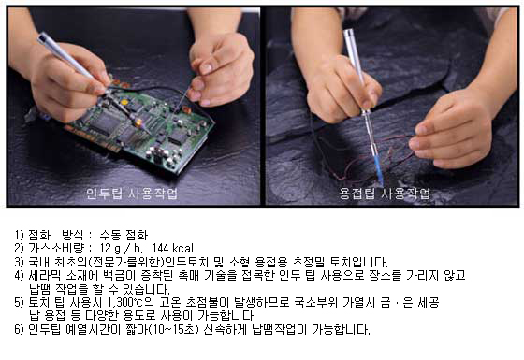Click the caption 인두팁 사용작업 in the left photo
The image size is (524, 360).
132,194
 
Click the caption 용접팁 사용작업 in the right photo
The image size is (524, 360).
385,194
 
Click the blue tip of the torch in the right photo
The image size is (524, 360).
379,170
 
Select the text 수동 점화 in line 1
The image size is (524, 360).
124,235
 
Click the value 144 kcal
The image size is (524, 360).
173,248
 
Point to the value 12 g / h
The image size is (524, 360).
122,248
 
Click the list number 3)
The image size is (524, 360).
19,262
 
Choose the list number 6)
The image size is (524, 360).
19,329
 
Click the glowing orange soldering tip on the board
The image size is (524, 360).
138,122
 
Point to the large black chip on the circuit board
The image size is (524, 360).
103,122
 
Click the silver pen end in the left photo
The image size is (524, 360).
43,37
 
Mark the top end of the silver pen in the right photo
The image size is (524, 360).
348,33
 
